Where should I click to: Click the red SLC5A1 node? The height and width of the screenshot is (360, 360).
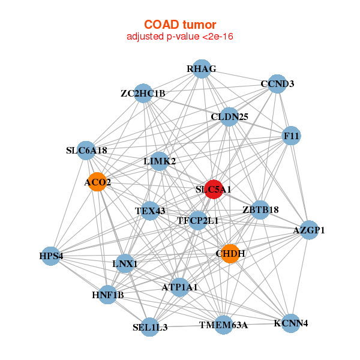click(214, 189)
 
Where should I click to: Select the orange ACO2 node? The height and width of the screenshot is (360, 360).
click(98, 182)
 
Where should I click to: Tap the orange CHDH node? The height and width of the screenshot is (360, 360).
click(230, 253)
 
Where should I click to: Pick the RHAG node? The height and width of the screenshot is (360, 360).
click(202, 69)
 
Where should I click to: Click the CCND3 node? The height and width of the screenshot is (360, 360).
click(277, 84)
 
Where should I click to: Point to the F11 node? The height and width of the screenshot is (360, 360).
click(291, 136)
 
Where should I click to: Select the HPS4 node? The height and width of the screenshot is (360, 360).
click(50, 256)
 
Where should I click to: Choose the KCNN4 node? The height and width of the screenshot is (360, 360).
click(291, 323)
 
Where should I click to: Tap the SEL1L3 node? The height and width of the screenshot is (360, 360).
click(149, 327)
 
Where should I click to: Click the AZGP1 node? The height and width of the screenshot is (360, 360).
click(309, 230)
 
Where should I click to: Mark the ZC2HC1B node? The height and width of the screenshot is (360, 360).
click(143, 93)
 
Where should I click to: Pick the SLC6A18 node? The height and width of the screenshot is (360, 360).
click(86, 151)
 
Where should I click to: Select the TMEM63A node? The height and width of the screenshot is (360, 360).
click(224, 325)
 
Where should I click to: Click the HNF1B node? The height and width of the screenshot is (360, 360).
click(107, 295)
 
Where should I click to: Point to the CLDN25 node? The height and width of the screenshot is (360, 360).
click(229, 116)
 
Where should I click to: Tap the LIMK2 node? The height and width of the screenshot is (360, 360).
click(160, 161)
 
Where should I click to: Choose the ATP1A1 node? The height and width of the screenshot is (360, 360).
click(180, 287)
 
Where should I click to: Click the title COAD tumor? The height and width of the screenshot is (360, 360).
click(180, 25)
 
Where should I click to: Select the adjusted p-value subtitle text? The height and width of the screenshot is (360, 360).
click(180, 37)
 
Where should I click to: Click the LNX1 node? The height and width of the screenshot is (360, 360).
click(125, 263)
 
